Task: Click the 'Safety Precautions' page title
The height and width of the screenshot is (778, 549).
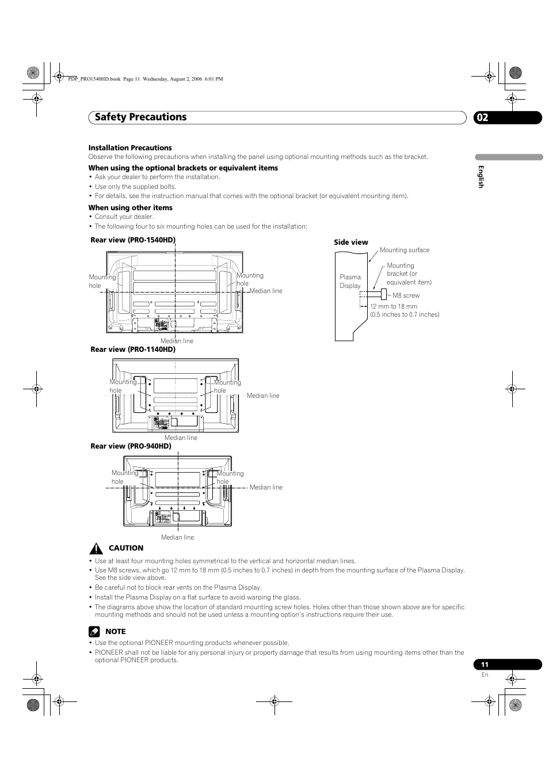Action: (x=141, y=117)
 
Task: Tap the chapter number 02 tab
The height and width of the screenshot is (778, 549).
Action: (x=482, y=117)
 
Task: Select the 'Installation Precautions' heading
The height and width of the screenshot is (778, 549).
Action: (x=130, y=148)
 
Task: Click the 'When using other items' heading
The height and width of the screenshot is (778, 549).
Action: (x=130, y=208)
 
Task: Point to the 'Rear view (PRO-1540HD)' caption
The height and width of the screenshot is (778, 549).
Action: (x=133, y=240)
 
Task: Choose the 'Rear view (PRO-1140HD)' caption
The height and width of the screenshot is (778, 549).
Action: (x=133, y=350)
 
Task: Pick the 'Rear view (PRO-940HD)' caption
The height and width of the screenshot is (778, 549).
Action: (x=131, y=446)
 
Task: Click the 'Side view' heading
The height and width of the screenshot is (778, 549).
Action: (x=351, y=242)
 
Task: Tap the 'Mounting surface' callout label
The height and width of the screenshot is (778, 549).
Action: (x=405, y=250)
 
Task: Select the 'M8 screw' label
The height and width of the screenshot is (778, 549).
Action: (x=406, y=295)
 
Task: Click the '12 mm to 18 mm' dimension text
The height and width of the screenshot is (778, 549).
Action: (x=394, y=307)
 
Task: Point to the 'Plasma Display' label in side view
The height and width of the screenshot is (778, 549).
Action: (x=350, y=281)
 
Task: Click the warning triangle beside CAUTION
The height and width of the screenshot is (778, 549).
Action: (x=96, y=548)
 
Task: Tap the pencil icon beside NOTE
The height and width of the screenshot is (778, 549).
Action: (x=94, y=632)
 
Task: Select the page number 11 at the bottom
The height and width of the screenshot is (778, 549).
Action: (x=485, y=665)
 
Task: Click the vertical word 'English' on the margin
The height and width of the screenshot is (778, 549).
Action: (x=481, y=177)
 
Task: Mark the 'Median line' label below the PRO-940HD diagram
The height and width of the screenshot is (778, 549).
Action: (x=177, y=537)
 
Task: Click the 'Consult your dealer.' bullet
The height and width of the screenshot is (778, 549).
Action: (x=124, y=217)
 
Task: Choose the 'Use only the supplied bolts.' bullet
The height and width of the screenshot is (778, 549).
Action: (x=135, y=187)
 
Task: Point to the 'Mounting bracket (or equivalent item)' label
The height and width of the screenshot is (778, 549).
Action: (x=409, y=274)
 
